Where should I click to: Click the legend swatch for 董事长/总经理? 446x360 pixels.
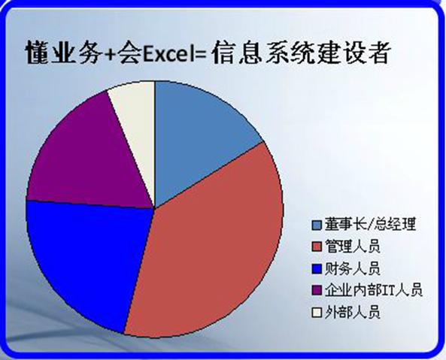click(317, 225)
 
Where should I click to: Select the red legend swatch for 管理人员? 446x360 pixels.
click(317, 247)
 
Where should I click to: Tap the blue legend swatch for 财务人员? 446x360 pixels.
click(317, 269)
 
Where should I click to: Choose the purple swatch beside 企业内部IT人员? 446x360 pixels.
click(317, 291)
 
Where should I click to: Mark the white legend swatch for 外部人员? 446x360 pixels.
click(317, 313)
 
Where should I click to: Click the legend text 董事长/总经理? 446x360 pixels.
click(370, 224)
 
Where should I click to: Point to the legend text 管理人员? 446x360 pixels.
click(353, 247)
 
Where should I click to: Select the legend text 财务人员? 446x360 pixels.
click(353, 268)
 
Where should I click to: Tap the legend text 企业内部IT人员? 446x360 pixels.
click(374, 290)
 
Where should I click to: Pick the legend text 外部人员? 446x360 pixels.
click(353, 312)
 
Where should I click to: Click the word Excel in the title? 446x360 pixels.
click(167, 54)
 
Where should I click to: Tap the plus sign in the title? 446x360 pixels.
click(110, 56)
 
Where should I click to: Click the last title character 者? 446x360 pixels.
click(377, 53)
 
